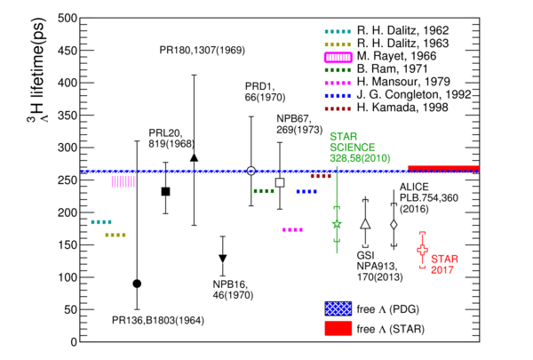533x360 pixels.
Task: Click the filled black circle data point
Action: coord(137,284)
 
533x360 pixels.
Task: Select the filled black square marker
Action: coord(165,192)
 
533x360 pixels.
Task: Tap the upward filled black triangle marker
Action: coord(194,157)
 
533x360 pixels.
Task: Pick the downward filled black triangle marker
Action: coord(223,259)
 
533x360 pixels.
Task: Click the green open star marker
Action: coord(337,224)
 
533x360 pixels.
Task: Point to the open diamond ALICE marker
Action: coord(394,225)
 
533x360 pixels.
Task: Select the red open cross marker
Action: coord(423,250)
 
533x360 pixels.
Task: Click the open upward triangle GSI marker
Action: coord(365,223)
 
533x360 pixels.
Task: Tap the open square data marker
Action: coord(280,183)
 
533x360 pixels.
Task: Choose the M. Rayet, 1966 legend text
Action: coord(396,56)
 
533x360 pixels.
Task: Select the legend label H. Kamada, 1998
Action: coord(402,108)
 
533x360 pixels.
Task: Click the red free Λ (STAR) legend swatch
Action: coord(338,329)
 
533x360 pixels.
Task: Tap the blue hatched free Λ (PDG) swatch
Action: coord(338,308)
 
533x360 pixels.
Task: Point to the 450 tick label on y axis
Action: coord(68,51)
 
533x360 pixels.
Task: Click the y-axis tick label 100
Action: coord(68,277)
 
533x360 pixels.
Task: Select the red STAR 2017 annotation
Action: coord(445,264)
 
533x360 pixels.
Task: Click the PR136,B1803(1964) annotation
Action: coord(158,320)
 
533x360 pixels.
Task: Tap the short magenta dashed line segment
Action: coord(292,230)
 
